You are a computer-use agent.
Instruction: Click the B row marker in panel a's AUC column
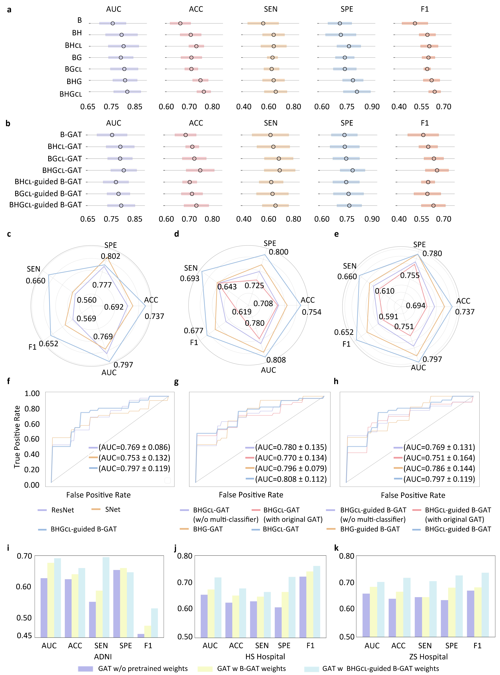[x=113, y=23]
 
